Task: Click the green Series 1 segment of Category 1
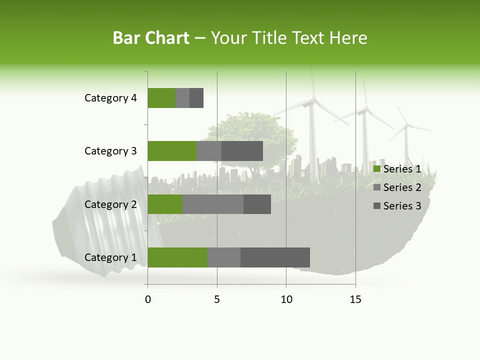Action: (x=177, y=257)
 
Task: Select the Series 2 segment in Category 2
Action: (x=213, y=204)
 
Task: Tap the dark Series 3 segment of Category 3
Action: (x=242, y=151)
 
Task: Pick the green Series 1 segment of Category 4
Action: (x=161, y=98)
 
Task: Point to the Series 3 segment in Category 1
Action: (x=275, y=257)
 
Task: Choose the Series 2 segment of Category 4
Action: (x=182, y=98)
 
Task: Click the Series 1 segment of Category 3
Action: (x=172, y=151)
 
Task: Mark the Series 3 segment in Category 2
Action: (x=257, y=204)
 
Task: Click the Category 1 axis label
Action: (x=110, y=257)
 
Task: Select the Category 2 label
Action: (x=110, y=204)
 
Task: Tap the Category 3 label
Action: (x=110, y=151)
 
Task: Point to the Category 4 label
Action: (x=110, y=98)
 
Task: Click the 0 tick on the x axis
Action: (x=148, y=299)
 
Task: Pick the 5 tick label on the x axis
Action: (x=217, y=299)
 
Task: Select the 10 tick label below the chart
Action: (x=286, y=299)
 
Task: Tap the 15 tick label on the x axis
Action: (x=355, y=299)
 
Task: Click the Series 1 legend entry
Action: (x=397, y=169)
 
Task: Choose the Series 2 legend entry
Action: (x=397, y=187)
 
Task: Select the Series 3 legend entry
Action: (x=397, y=206)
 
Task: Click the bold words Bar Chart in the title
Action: (x=151, y=38)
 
